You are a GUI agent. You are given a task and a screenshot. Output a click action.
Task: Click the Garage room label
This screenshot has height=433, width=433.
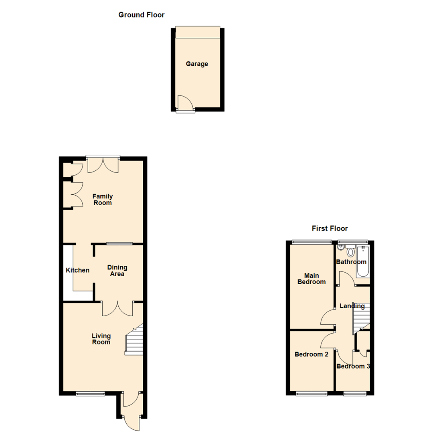click(197, 64)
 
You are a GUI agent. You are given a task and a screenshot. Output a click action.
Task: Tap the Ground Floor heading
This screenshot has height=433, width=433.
click(141, 15)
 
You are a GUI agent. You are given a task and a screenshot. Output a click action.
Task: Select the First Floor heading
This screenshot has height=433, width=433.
click(330, 229)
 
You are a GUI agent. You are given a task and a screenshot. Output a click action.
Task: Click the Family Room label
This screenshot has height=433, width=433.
click(102, 199)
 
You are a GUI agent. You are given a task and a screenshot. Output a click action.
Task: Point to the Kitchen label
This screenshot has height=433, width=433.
click(77, 270)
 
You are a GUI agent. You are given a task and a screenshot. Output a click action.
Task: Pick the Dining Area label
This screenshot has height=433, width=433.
click(117, 271)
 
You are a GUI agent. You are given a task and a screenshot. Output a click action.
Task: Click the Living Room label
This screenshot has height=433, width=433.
click(101, 339)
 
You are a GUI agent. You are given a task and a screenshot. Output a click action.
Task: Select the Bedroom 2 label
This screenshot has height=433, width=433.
click(311, 354)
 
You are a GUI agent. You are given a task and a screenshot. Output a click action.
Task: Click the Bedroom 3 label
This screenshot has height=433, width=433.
click(353, 366)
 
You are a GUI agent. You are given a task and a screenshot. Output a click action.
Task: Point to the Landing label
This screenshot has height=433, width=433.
click(352, 306)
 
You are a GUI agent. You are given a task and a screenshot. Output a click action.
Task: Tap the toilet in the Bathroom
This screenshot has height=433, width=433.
click(351, 252)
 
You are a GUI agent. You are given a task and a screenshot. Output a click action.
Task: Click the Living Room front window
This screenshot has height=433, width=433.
click(90, 394)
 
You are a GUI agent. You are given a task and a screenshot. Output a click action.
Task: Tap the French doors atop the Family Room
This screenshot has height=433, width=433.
click(103, 164)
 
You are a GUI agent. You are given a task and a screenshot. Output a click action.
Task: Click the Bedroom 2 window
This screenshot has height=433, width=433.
click(311, 394)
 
